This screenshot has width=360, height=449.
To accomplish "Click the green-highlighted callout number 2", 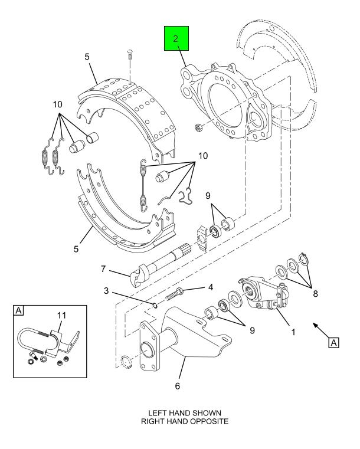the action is tap(175, 38).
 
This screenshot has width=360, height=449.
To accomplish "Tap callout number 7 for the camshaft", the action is tap(103, 269).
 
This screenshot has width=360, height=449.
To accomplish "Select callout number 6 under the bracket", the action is tap(177, 386).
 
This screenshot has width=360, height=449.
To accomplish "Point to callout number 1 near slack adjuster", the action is tap(293, 332).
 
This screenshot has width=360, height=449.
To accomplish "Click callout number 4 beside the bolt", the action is tap(211, 287).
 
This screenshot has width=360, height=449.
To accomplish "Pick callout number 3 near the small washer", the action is tap(106, 291).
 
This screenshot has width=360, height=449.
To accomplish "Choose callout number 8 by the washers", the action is tap(315, 294).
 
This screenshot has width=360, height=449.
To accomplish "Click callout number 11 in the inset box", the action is tap(61, 316).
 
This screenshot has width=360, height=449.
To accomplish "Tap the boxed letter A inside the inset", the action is tap(19, 311).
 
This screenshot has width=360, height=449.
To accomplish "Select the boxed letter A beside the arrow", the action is tap(334, 343).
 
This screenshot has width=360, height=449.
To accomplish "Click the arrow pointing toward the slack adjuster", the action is tap(320, 331).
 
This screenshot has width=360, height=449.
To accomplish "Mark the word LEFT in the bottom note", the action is tap(158, 413).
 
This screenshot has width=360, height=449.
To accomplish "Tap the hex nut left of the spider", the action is tap(198, 126).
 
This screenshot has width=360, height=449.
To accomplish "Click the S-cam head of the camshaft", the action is tap(139, 276).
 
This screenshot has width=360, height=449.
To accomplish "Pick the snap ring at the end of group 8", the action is tap(303, 258).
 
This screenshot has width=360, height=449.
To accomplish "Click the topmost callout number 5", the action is tap(87, 57).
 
